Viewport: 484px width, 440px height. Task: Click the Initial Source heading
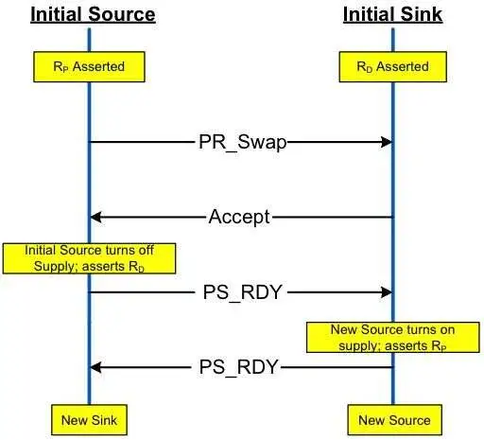(93, 14)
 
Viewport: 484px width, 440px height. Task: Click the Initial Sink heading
(392, 14)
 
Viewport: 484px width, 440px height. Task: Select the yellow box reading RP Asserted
(89, 67)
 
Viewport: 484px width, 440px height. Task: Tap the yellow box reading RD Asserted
(393, 67)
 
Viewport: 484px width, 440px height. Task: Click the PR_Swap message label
(242, 142)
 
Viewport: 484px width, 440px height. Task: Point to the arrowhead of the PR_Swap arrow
(387, 142)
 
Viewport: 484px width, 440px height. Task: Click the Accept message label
(239, 217)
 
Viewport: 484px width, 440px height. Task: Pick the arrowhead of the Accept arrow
(95, 217)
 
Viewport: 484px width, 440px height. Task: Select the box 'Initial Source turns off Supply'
(89, 258)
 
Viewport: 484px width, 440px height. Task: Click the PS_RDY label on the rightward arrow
(242, 292)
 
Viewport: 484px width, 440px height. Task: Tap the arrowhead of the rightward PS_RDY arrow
(387, 292)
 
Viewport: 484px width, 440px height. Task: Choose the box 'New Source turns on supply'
(393, 337)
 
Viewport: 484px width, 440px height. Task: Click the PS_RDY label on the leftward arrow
(238, 367)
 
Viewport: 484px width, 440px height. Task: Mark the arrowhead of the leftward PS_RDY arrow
(95, 367)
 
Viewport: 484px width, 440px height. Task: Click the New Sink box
(89, 420)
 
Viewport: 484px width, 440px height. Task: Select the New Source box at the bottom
(394, 420)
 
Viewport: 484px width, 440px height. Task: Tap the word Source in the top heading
(122, 14)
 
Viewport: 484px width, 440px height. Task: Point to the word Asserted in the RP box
(98, 66)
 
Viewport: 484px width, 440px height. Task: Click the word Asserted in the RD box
(403, 66)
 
